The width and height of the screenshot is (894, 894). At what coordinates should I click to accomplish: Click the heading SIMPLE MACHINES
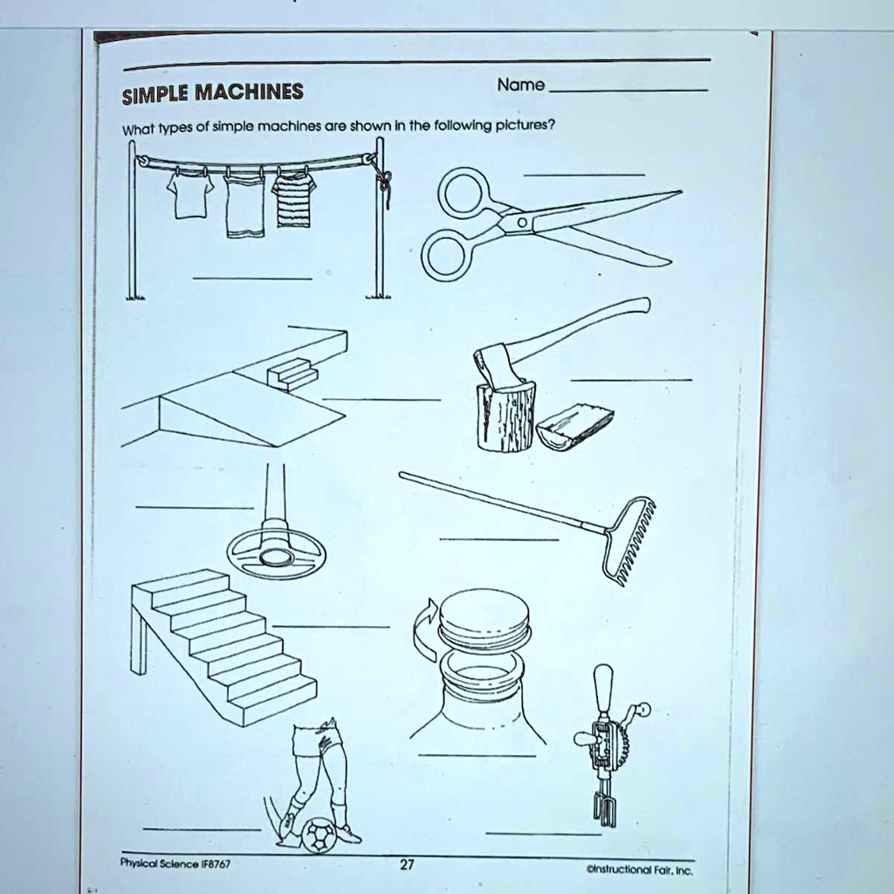(x=212, y=93)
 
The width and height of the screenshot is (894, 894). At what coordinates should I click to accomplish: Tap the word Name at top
(x=520, y=85)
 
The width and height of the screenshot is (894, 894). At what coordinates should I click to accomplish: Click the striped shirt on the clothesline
(x=292, y=199)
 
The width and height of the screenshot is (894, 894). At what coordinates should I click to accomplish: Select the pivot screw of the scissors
(x=519, y=224)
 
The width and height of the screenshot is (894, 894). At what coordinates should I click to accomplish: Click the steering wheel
(x=276, y=551)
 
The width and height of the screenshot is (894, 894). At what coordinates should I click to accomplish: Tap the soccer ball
(x=320, y=835)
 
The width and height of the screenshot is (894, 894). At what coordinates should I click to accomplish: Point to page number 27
(x=407, y=864)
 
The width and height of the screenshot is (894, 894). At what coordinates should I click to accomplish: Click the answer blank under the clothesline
(x=252, y=278)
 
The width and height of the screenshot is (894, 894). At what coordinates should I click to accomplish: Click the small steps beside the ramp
(x=292, y=373)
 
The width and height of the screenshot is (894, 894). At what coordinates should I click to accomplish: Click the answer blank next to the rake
(x=499, y=540)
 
